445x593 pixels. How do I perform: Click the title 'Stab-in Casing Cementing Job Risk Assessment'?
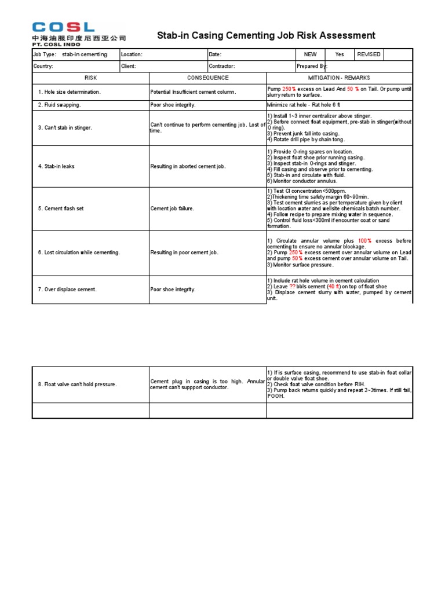[x=266, y=36]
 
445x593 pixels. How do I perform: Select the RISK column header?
[x=90, y=78]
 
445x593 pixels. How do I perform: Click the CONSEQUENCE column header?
[x=207, y=78]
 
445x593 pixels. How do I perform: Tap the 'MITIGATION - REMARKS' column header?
[x=339, y=78]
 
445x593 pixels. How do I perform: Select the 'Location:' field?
[x=132, y=54]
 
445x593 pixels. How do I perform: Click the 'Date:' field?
[x=216, y=54]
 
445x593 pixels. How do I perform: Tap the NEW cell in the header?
[x=311, y=54]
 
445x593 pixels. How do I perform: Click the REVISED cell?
[x=369, y=54]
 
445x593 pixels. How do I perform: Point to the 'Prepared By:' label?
[x=312, y=66]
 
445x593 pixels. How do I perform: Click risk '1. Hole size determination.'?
[x=70, y=92]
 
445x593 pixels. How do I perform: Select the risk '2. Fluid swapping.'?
[x=60, y=105]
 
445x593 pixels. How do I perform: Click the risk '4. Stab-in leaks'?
[x=56, y=166]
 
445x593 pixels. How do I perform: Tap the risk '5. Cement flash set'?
[x=61, y=208]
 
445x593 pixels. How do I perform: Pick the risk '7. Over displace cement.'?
[x=67, y=289]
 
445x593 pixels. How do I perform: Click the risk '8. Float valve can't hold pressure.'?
[x=78, y=384]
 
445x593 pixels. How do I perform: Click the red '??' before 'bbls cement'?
[x=292, y=287]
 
